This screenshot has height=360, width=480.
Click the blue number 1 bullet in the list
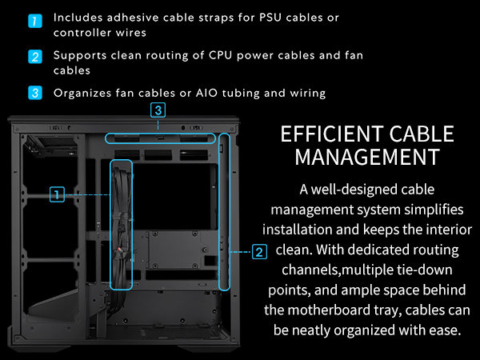click(35, 21)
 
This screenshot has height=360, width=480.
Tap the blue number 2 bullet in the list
click(35, 57)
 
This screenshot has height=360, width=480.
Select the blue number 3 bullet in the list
click(35, 93)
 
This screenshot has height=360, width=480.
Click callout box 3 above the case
click(158, 110)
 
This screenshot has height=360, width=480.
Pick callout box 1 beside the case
click(57, 194)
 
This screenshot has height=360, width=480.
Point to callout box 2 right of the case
click(259, 252)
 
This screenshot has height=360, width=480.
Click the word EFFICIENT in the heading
click(332, 134)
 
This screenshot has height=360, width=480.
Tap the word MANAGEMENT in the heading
click(367, 157)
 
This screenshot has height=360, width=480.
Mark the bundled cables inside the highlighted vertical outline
click(122, 225)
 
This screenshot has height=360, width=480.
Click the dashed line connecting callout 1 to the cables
click(87, 194)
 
